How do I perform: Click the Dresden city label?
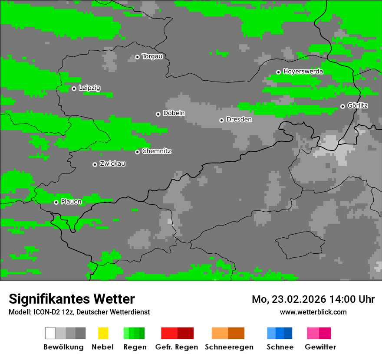click(239, 119)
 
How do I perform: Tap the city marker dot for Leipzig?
click(74, 88)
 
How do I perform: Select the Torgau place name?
click(152, 56)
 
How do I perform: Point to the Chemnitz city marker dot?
click(137, 152)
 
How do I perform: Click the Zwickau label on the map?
click(112, 164)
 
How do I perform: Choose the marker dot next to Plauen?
click(56, 202)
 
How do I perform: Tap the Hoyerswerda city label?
click(303, 72)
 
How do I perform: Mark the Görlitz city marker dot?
click(342, 106)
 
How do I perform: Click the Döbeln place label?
click(174, 113)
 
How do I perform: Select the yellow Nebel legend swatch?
click(103, 333)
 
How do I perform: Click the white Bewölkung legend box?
click(50, 333)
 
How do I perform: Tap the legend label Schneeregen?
click(229, 347)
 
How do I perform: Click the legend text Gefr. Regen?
click(177, 347)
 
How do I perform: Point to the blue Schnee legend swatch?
click(280, 333)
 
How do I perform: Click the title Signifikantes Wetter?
click(72, 299)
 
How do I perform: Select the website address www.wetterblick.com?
click(313, 312)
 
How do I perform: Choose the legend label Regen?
click(134, 347)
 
